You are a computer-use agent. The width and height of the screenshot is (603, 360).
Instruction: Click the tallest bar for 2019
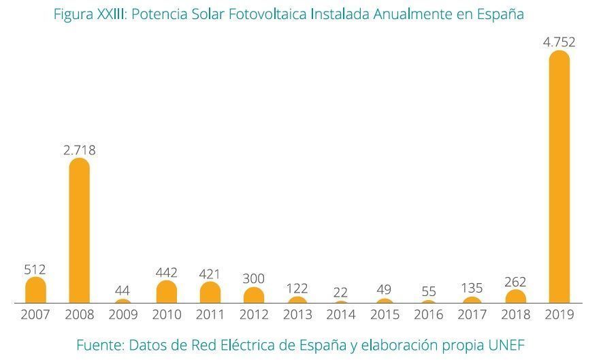point(559,176)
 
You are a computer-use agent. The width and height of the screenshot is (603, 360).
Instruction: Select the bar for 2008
point(80,231)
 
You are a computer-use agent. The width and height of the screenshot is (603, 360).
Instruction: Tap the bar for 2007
point(35,290)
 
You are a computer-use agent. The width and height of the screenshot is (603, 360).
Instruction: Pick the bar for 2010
point(166,292)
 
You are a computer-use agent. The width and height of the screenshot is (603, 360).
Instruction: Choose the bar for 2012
point(253,295)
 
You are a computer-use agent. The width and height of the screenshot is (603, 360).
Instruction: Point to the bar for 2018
point(515,297)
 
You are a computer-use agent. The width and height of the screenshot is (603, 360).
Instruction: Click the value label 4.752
point(559,42)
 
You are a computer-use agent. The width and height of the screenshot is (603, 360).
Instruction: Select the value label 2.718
point(80,150)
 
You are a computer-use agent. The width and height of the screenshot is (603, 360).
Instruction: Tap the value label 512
point(35,269)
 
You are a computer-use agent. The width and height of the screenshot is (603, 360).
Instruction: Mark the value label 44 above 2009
point(123,291)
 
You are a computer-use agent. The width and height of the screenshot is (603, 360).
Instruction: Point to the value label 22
point(340,293)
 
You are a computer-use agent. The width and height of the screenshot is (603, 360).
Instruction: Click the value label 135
point(472,289)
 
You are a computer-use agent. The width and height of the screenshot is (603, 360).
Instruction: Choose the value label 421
point(210,274)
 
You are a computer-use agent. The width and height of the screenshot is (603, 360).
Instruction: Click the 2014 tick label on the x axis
point(340,315)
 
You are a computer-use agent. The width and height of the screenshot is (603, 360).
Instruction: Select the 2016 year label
point(428,315)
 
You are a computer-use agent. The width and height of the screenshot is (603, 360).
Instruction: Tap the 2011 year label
point(210,315)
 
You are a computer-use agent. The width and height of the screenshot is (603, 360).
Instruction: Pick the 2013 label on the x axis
point(297,315)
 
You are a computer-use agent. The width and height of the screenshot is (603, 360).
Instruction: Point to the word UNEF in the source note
point(506,345)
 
